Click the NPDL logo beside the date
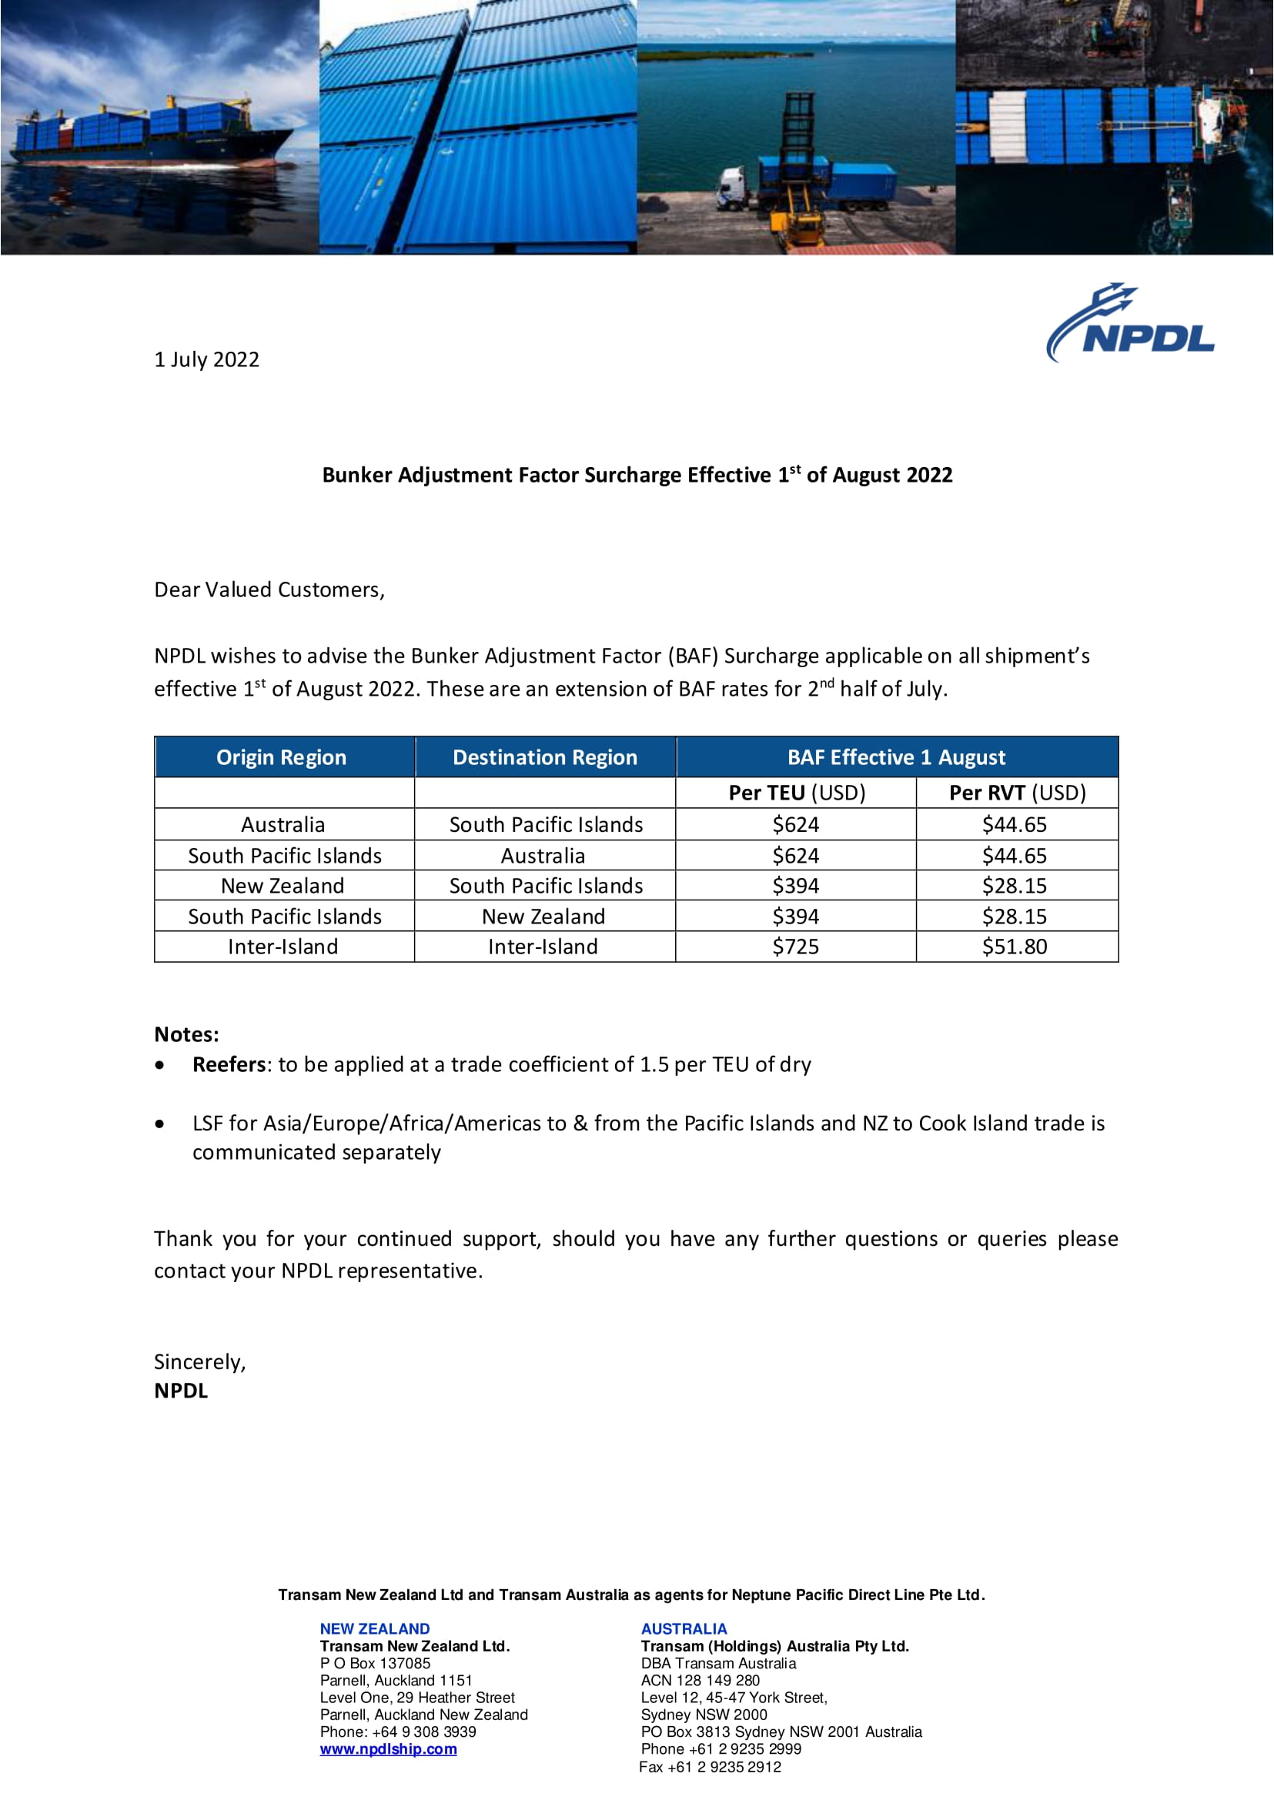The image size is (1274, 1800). tap(1132, 323)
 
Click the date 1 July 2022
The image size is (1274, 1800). tap(206, 359)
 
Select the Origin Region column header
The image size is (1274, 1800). tap(281, 757)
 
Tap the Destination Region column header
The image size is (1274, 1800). tap(544, 757)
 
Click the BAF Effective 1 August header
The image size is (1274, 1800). tap(896, 757)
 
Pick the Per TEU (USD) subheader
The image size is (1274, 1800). tap(796, 792)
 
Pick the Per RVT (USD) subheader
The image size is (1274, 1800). tap(1017, 792)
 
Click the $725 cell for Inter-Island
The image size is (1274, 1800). tap(795, 947)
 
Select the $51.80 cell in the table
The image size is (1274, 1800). tap(1015, 947)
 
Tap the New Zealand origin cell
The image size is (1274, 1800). tap(283, 886)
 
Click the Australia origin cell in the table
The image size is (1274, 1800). tap(283, 824)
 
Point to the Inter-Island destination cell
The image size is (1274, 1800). tap(543, 947)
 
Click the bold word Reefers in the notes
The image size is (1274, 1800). tap(229, 1064)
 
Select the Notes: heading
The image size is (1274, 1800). tap(187, 1034)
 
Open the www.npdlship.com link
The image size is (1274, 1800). tap(388, 1748)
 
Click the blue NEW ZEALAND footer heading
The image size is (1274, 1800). tap(374, 1628)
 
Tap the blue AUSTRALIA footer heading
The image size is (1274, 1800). tap(684, 1628)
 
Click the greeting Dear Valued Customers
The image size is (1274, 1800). tap(269, 589)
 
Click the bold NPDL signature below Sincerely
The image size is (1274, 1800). tap(180, 1391)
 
